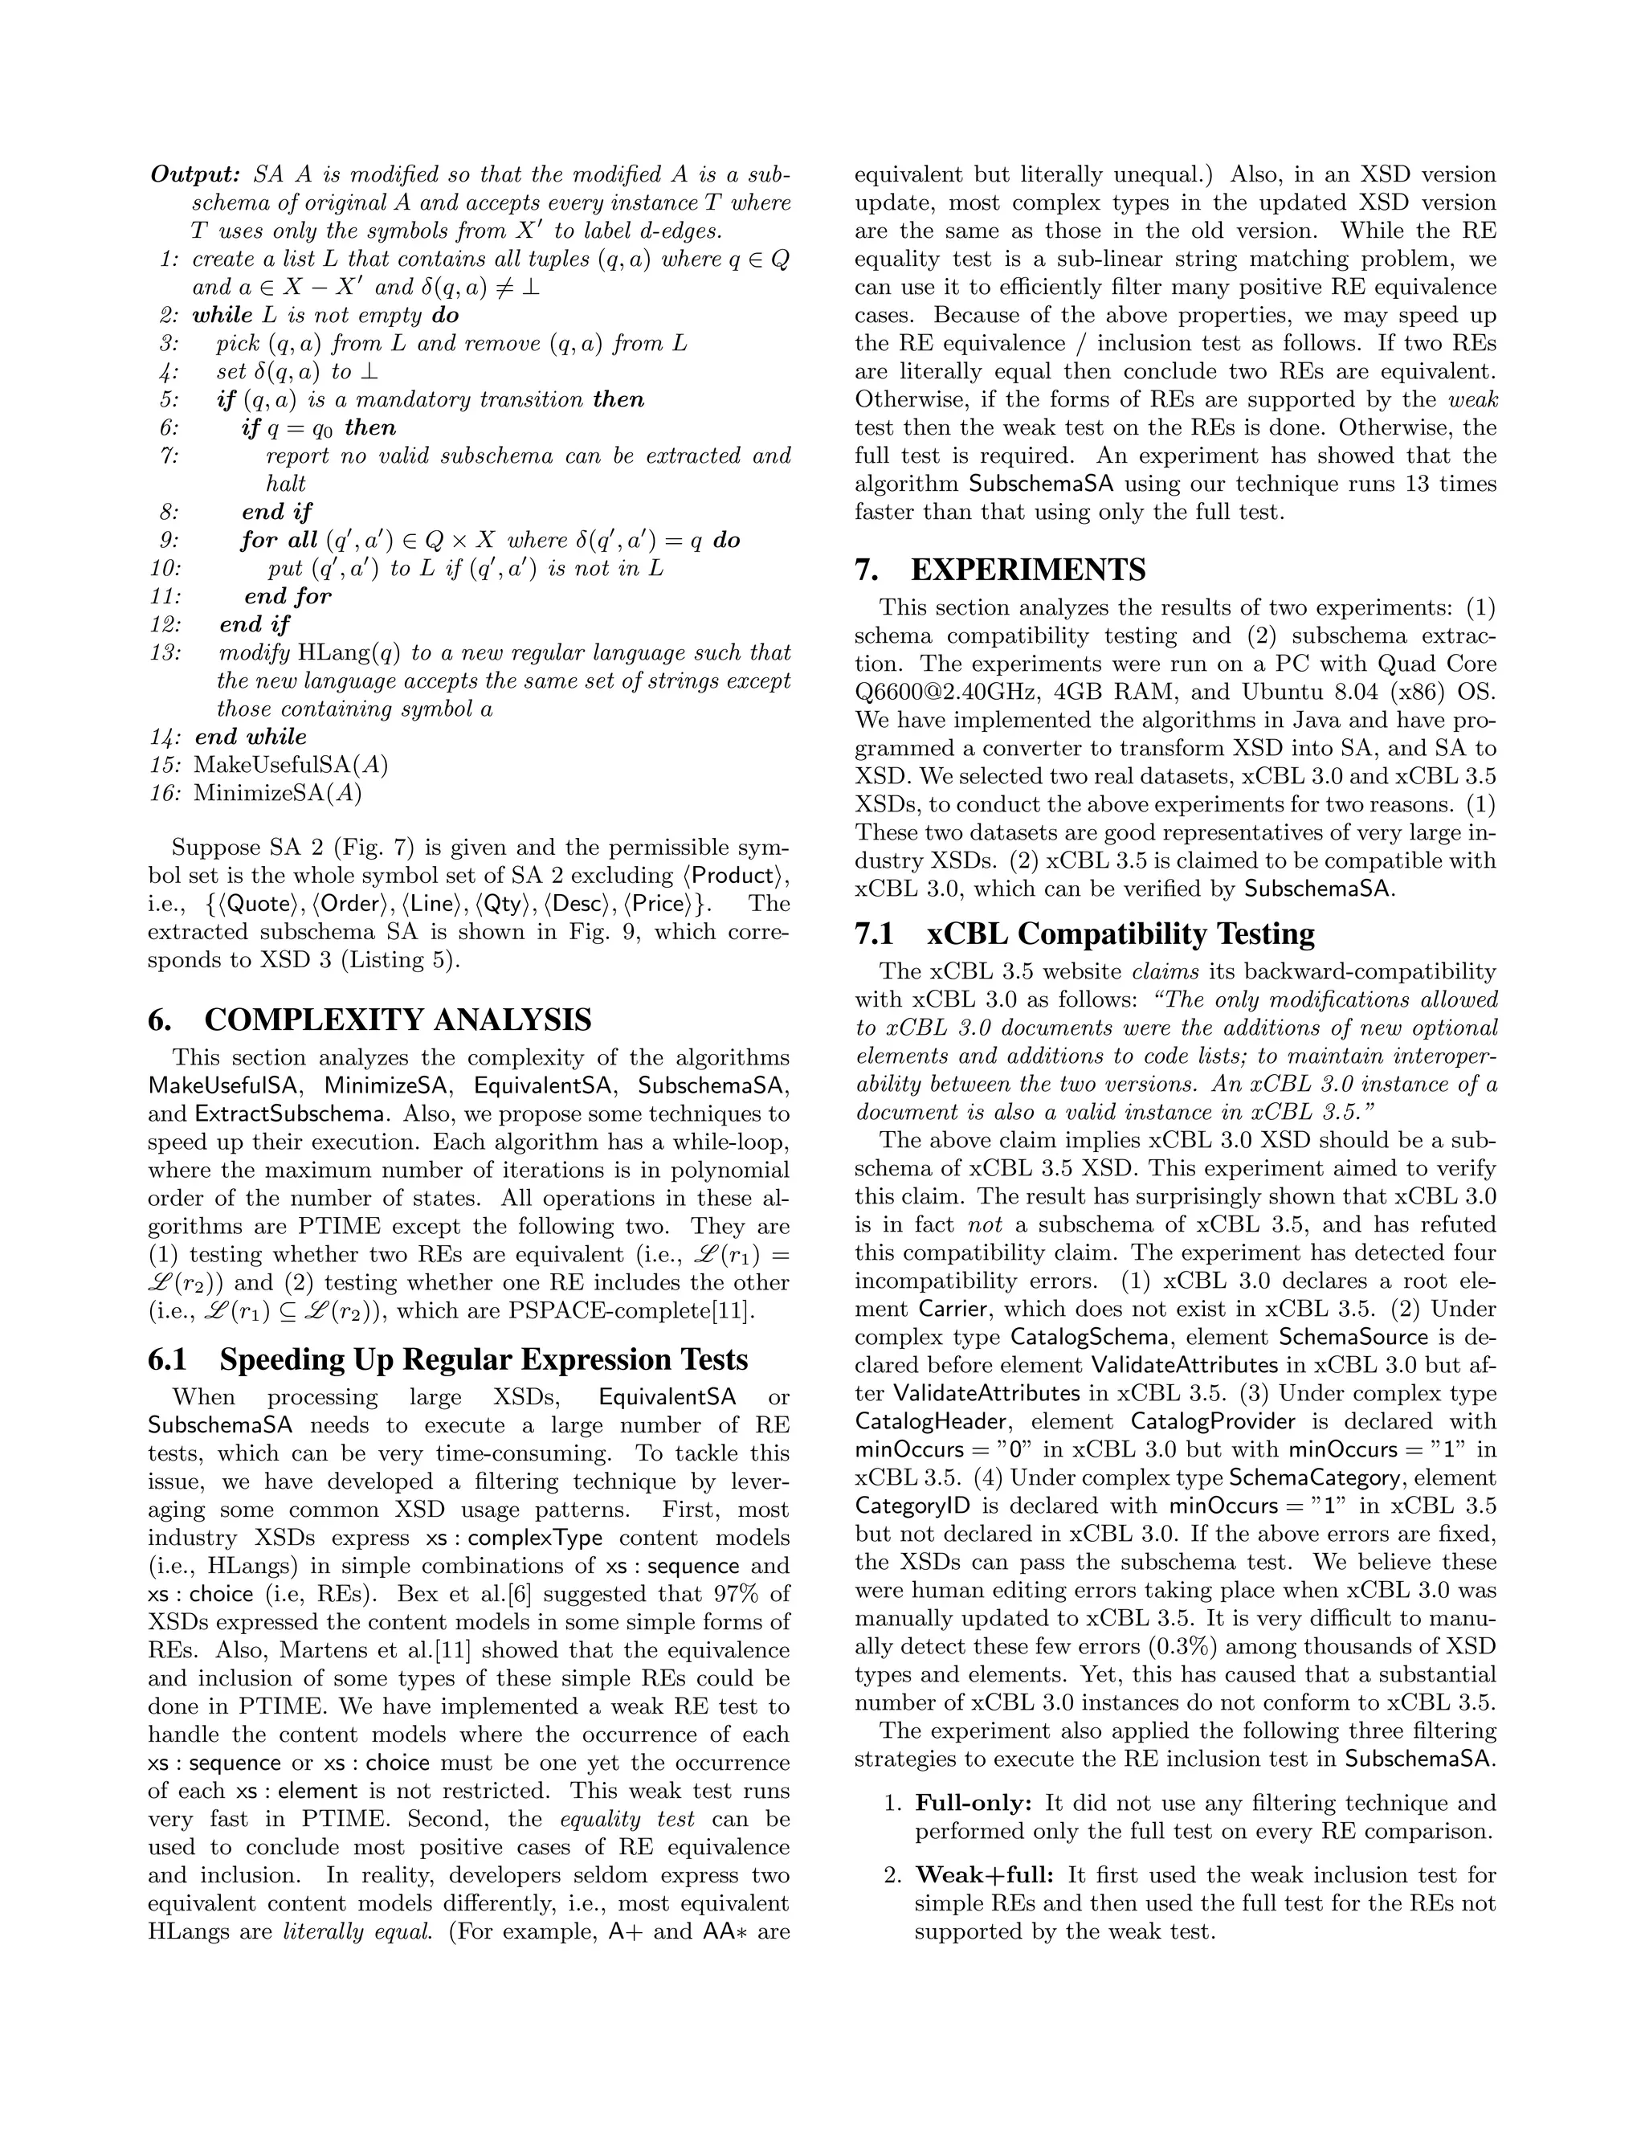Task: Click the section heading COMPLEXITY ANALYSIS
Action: click(397, 1020)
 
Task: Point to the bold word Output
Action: click(195, 174)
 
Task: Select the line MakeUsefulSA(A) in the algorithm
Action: click(291, 764)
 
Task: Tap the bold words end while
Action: click(251, 736)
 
